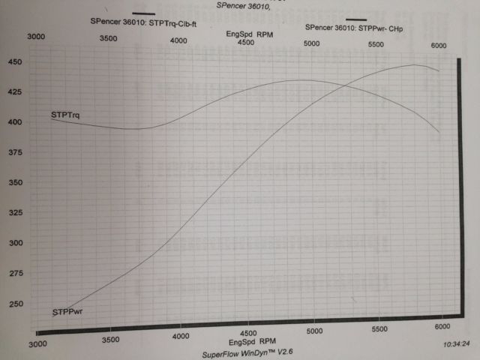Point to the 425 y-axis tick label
pos(15,92)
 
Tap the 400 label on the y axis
pos(15,122)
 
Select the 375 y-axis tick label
pos(15,152)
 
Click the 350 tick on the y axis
pos(15,182)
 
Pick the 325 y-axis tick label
pos(15,213)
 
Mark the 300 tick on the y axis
pos(15,244)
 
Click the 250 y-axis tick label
pos(15,305)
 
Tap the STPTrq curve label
pos(66,115)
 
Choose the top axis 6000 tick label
pos(439,46)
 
